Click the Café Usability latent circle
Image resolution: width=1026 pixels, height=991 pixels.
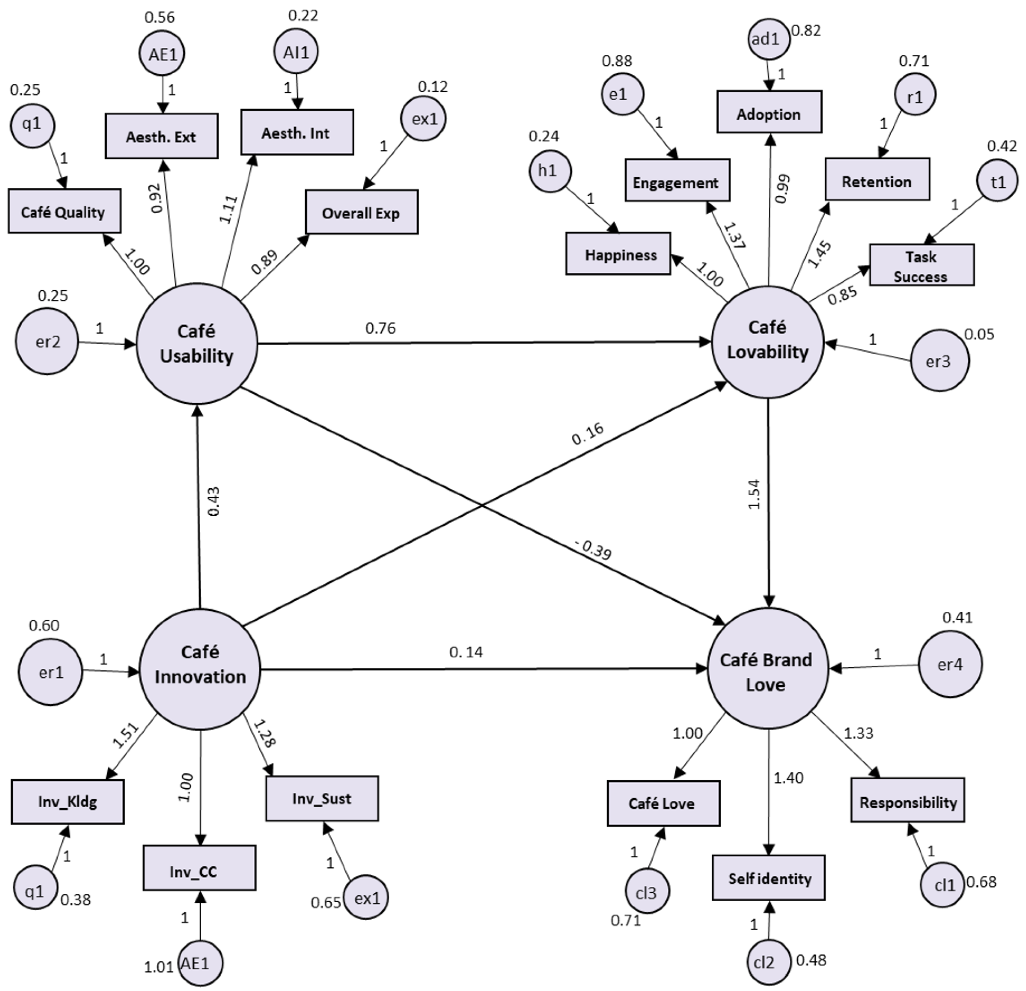(x=197, y=343)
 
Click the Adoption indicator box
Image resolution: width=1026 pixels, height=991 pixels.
(x=769, y=113)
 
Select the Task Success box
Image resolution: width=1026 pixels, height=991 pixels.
(x=921, y=265)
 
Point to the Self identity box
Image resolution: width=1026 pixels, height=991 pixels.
(x=768, y=878)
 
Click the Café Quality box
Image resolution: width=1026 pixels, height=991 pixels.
(x=64, y=211)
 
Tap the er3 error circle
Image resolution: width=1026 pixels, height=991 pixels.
(x=939, y=361)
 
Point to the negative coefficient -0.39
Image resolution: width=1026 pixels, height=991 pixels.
(x=593, y=549)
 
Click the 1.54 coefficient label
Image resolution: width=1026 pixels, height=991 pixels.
(x=754, y=494)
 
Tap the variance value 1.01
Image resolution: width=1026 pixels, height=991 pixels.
(x=159, y=966)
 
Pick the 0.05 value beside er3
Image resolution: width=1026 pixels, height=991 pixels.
(x=979, y=334)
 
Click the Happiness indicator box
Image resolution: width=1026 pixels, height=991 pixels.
(x=618, y=254)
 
